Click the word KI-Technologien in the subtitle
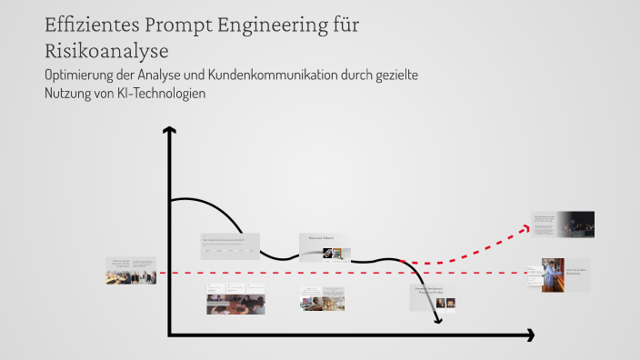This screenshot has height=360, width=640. (155, 94)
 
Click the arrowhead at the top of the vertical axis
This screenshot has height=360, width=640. (169, 133)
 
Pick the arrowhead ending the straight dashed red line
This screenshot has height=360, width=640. (530, 272)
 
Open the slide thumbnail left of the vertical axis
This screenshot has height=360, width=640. (131, 271)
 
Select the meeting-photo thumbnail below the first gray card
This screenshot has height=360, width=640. (235, 300)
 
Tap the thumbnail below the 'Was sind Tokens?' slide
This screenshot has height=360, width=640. (323, 299)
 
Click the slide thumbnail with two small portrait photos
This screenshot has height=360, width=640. (433, 297)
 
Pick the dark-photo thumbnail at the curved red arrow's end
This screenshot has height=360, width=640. (564, 224)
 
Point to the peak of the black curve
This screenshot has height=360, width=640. (187, 197)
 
